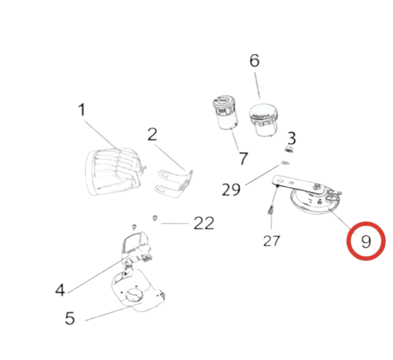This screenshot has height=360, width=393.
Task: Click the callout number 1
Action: pos(82,110)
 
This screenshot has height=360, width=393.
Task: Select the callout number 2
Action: pos(152,134)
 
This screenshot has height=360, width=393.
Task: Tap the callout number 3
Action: pos(291,138)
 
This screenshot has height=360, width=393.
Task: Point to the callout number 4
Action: pos(60,290)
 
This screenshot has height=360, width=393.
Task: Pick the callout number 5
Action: pos(70,318)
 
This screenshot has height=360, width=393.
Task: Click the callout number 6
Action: pos(254,60)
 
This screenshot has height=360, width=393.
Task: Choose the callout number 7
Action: pos(243,159)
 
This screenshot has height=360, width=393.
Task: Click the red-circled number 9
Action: pos(366,241)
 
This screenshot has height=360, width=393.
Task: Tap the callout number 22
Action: pos(204,223)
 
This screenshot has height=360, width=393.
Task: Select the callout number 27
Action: pos(272,241)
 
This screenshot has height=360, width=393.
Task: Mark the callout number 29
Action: pos(231,189)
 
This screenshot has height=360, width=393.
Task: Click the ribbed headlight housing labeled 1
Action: pos(114,171)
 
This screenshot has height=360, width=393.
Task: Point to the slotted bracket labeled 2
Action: pos(175,183)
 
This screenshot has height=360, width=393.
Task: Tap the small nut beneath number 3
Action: pos(289,150)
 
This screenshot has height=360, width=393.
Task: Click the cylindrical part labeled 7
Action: pos(225,112)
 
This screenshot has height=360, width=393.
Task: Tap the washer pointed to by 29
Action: pos(286,163)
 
